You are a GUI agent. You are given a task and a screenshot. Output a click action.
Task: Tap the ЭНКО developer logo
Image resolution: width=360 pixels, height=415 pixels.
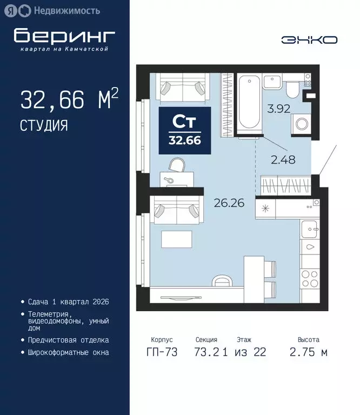click(310, 40)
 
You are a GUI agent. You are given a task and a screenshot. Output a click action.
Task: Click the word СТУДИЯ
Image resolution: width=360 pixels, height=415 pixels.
click(44, 126)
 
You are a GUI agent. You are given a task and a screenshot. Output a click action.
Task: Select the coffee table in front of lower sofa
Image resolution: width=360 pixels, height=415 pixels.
click(177, 239)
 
